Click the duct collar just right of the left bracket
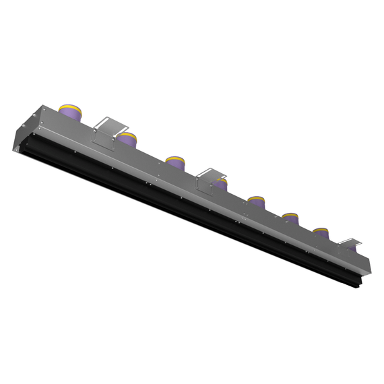127,141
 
